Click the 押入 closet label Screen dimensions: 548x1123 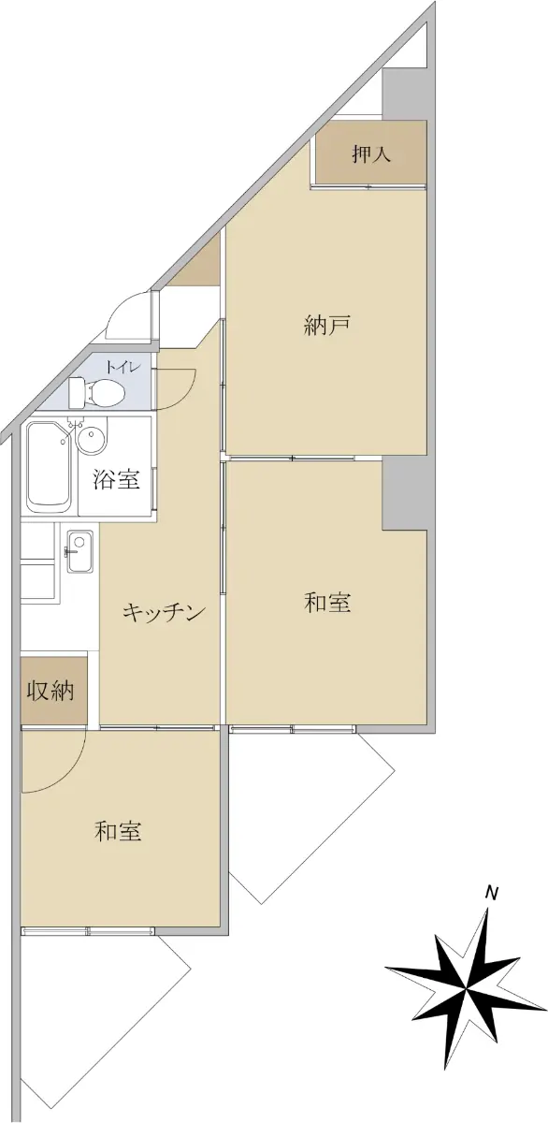370,153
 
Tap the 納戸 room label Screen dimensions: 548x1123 326,325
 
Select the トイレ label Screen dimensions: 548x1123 122,368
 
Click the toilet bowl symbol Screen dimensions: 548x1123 96,392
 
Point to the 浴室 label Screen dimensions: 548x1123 116,480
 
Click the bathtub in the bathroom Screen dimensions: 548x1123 49,466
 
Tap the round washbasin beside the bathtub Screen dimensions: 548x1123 92,439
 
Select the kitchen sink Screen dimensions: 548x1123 79,551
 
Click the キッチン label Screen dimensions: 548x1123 165,612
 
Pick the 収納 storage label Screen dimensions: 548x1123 50,692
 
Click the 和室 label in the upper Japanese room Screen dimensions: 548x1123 327,602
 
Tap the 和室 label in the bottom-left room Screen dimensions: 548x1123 118,831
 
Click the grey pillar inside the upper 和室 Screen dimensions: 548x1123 404,494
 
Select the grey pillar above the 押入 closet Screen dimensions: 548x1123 404,94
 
